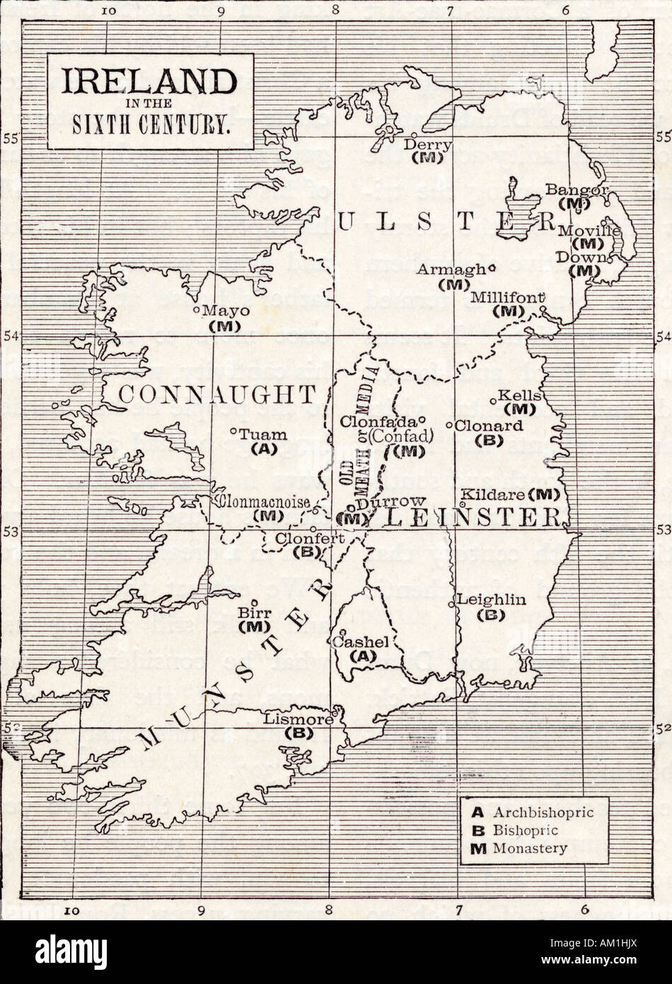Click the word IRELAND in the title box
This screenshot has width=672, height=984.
pos(148,83)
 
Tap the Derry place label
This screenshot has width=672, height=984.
pos(428,144)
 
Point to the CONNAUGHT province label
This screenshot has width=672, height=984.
pos(216,394)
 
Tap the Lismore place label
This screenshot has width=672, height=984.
pos(298,719)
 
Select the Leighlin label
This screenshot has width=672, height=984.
pos(492,600)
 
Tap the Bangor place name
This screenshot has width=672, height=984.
pos(577,190)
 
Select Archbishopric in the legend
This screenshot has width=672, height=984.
pos(544,811)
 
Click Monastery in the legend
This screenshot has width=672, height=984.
pos(531,848)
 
